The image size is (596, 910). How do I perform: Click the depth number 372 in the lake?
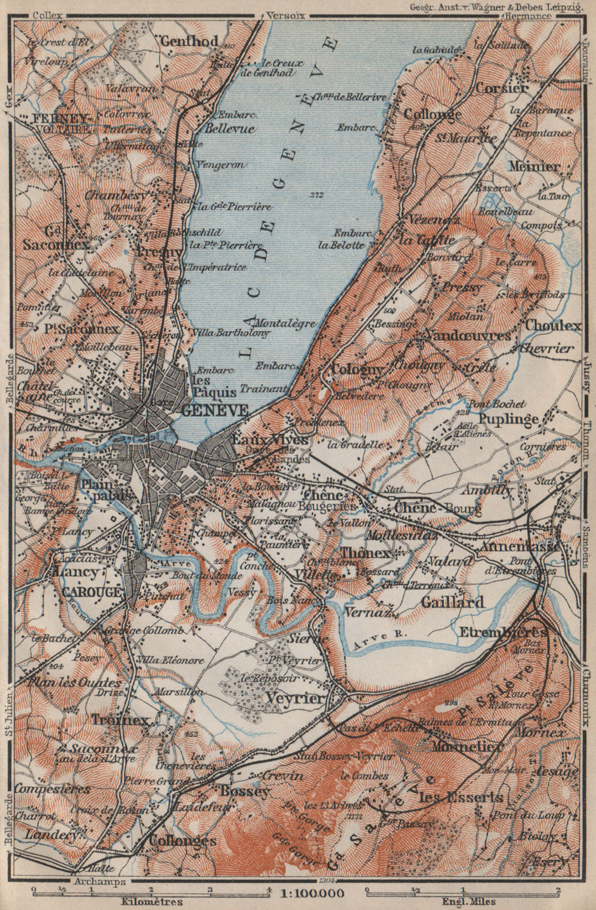click(317, 196)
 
